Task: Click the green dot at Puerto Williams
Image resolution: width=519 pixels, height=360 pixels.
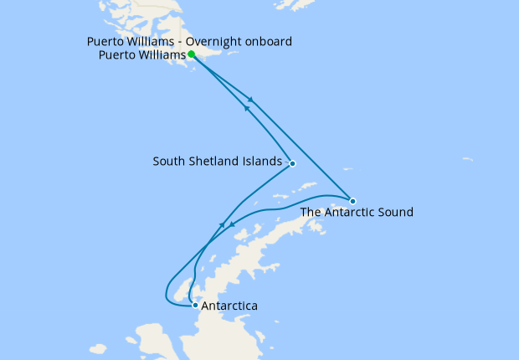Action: click(x=192, y=54)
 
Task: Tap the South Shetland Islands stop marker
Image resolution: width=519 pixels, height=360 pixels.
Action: click(x=292, y=163)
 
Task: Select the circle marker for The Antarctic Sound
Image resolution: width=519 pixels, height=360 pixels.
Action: click(x=352, y=201)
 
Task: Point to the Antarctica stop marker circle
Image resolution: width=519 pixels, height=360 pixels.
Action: click(x=195, y=305)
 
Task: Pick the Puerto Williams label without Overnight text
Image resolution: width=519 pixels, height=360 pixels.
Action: click(x=141, y=57)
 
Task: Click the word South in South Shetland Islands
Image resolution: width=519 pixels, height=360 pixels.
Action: click(x=167, y=161)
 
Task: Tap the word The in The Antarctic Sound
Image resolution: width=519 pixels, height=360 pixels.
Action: click(x=311, y=213)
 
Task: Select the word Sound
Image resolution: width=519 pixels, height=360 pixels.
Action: click(x=397, y=213)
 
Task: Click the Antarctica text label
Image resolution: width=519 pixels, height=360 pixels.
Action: click(x=230, y=306)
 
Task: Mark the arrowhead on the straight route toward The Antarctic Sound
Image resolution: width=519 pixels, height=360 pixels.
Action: click(x=250, y=101)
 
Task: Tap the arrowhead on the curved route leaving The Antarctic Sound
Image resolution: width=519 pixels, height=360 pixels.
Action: click(x=231, y=226)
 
